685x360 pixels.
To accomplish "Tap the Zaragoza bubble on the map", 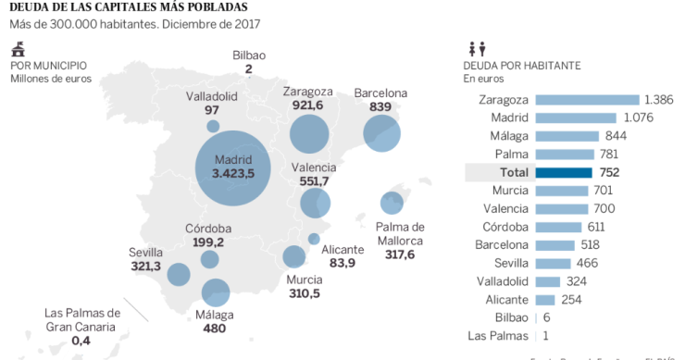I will click(309, 134).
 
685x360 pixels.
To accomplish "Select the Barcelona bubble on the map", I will click(381, 134).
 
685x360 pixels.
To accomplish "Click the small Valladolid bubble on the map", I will click(213, 127).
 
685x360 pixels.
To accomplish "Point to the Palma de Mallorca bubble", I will click(392, 203).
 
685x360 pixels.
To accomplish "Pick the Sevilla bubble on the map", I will click(179, 274).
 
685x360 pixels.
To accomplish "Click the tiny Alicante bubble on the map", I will click(315, 239).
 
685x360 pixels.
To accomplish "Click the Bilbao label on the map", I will click(249, 55).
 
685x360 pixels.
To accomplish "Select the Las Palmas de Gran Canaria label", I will click(82, 319).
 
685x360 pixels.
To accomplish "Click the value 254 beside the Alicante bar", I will click(571, 299).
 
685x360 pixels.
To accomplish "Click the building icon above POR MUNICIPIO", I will click(18, 50).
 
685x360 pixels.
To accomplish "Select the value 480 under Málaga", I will click(216, 328).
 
